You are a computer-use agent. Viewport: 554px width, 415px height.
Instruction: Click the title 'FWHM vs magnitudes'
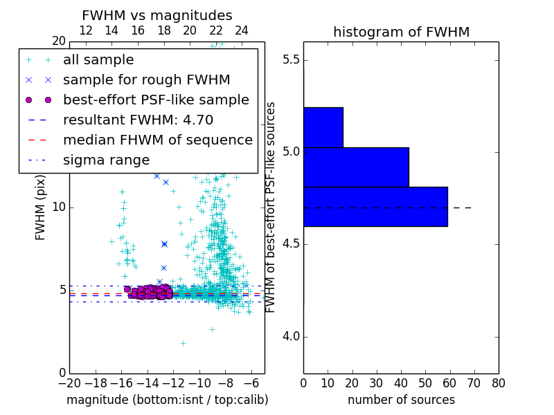(x=157, y=15)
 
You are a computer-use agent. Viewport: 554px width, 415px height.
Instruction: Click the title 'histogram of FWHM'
(x=401, y=32)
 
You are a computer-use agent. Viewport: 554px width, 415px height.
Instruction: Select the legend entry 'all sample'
(x=98, y=60)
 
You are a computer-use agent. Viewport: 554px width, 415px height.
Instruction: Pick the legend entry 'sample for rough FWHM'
(x=146, y=80)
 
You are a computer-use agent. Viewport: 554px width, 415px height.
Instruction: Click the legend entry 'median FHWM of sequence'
(x=157, y=140)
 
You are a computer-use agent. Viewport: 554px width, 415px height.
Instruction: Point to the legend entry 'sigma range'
(x=106, y=160)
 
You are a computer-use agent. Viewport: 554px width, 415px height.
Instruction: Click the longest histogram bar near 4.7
(x=375, y=206)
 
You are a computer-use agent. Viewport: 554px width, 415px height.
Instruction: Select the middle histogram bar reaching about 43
(x=355, y=167)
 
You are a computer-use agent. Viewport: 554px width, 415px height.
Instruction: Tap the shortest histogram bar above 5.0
(x=323, y=127)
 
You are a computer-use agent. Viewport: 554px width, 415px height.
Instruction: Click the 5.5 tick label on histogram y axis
(x=290, y=60)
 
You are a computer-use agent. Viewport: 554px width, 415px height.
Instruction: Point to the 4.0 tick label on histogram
(x=290, y=337)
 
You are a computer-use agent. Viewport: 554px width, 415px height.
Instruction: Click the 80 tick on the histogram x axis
(x=498, y=382)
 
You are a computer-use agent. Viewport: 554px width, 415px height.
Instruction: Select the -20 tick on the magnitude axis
(x=69, y=382)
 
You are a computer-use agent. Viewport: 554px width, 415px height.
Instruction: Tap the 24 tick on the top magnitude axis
(x=242, y=31)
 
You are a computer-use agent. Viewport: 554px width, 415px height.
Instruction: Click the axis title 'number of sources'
(x=401, y=400)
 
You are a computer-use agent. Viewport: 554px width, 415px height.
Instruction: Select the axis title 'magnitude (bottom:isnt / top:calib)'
(x=167, y=400)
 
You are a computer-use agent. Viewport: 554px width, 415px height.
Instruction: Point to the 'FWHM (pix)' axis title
(x=41, y=207)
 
